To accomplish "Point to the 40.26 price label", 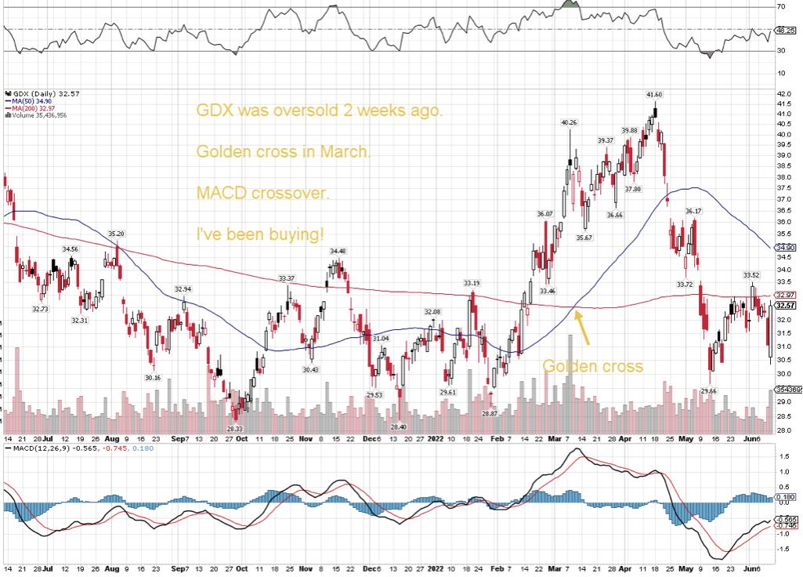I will coord(569,122).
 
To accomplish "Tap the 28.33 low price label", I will coord(234,429).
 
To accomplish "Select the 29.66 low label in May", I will coord(708,390).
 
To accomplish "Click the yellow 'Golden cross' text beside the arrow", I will coord(592,366).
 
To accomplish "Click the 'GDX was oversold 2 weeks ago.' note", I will coord(319,111).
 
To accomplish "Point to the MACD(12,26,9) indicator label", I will coord(38,448).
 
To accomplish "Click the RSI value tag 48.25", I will coord(785,30).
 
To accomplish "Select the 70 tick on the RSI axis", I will coord(780,7).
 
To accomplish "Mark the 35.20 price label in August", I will coord(117,234).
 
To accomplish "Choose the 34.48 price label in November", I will coord(338,251).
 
